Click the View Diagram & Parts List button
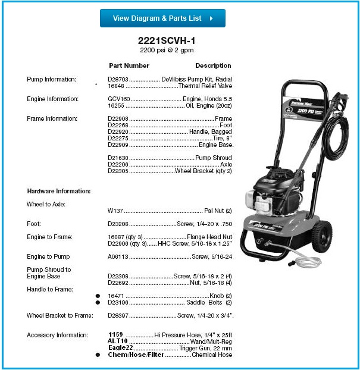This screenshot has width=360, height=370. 162,18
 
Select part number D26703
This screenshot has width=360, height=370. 118,79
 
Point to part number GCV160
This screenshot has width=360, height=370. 119,99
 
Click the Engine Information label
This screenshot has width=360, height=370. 52,99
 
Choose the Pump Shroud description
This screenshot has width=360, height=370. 214,158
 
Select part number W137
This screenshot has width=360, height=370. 114,211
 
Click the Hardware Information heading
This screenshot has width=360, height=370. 59,191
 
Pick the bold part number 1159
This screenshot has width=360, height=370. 115,335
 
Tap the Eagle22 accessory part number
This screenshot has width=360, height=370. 120,348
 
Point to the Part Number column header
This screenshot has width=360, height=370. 129,65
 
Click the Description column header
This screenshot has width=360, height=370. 213,65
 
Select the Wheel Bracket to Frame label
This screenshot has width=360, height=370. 60,315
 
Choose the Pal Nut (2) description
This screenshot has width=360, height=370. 218,211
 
